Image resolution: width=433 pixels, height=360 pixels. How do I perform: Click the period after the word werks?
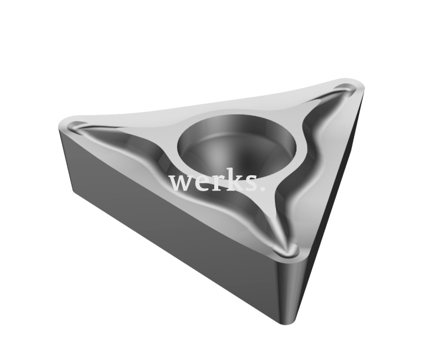[x=262, y=189]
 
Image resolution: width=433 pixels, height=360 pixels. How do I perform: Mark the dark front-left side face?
[x=165, y=218]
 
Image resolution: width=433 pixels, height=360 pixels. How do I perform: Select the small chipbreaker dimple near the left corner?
[x=78, y=126]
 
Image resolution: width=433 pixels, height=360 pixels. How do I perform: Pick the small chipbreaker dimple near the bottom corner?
[x=288, y=250]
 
